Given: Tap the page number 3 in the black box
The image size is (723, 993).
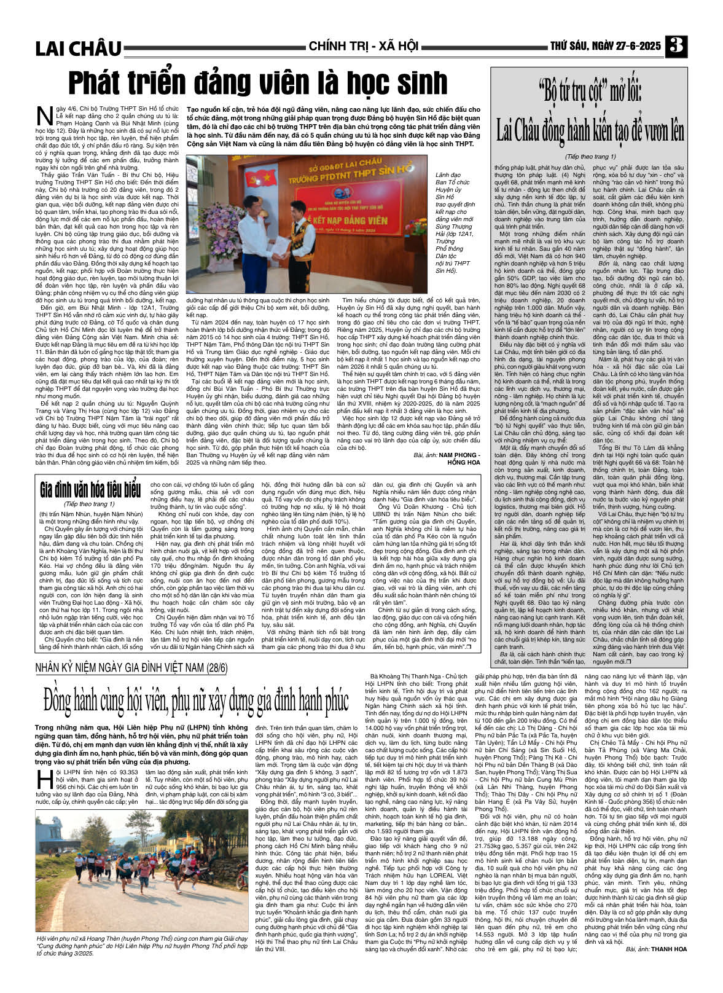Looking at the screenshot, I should [677, 46].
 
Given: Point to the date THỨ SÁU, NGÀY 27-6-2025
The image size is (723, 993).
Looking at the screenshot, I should [605, 46].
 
